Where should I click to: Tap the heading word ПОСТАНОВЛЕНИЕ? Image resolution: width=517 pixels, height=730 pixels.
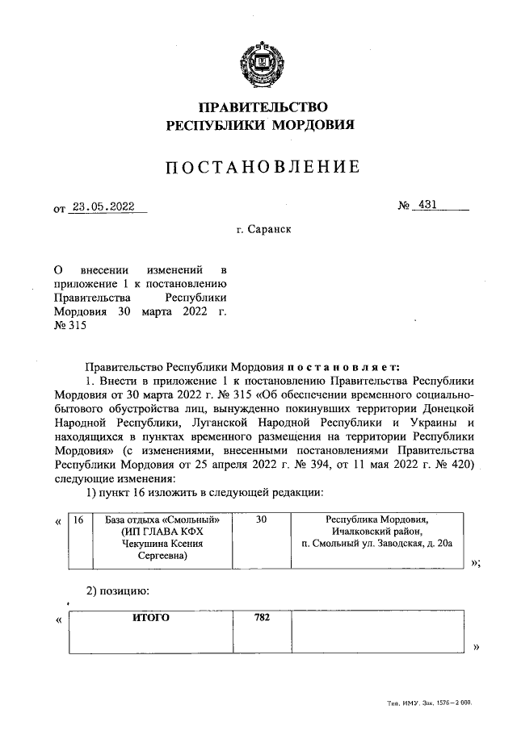[x=260, y=168]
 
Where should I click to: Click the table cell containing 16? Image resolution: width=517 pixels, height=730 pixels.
[x=78, y=521]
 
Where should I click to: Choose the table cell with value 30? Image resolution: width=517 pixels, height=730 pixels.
[x=262, y=521]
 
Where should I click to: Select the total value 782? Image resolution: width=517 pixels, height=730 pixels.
[x=262, y=618]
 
